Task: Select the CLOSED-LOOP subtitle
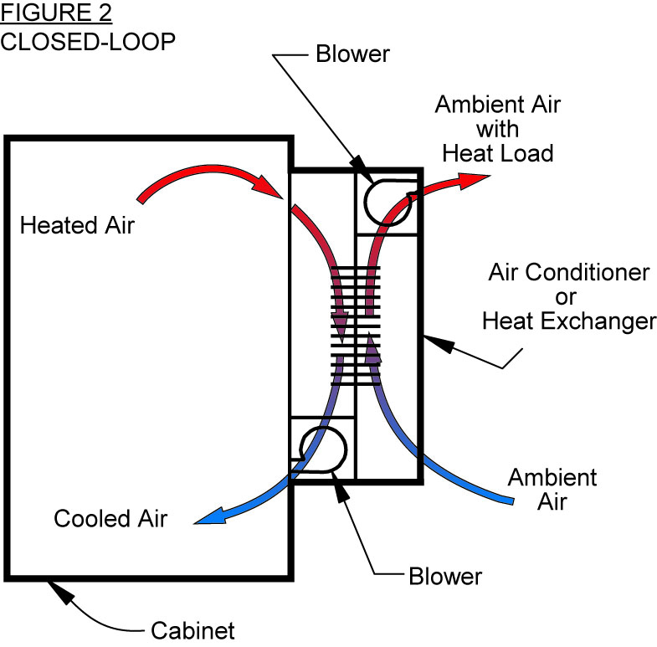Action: point(88,42)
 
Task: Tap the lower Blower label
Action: point(445,577)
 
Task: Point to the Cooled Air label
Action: point(110,518)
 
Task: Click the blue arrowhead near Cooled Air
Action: point(205,520)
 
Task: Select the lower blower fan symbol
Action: point(323,450)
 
